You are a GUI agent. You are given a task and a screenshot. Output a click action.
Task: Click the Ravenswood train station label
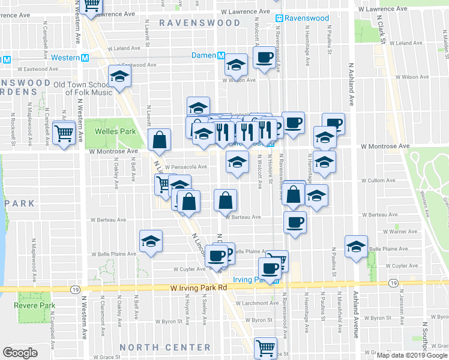(307, 18)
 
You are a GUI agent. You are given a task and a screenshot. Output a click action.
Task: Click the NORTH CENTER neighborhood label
(165, 347)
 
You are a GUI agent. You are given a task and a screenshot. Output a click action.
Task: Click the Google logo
(20, 353)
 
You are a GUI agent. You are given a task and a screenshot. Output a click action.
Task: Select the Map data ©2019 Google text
(412, 355)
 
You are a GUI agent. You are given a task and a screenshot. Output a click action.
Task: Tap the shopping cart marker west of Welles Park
(64, 133)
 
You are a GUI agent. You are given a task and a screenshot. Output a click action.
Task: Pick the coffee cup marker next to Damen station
(264, 58)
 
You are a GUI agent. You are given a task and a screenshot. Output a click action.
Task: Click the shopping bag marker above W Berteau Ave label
(226, 200)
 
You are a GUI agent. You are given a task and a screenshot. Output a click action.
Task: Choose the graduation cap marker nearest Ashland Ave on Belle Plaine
(356, 247)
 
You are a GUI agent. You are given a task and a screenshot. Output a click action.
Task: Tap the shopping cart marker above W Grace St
(265, 347)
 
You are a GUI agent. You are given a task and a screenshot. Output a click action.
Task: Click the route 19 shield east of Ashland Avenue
(393, 283)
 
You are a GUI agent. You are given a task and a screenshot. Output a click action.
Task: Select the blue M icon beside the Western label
(85, 58)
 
